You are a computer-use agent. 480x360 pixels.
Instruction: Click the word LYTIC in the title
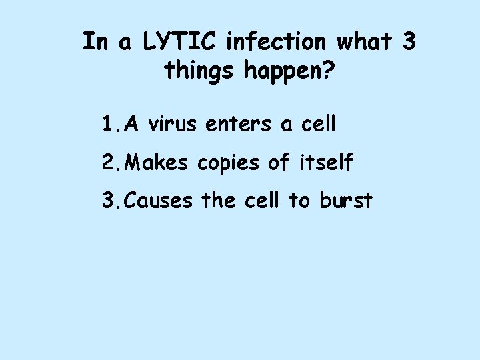(x=179, y=42)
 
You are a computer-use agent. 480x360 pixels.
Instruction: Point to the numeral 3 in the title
(x=409, y=42)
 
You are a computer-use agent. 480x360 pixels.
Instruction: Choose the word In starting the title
(x=94, y=42)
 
